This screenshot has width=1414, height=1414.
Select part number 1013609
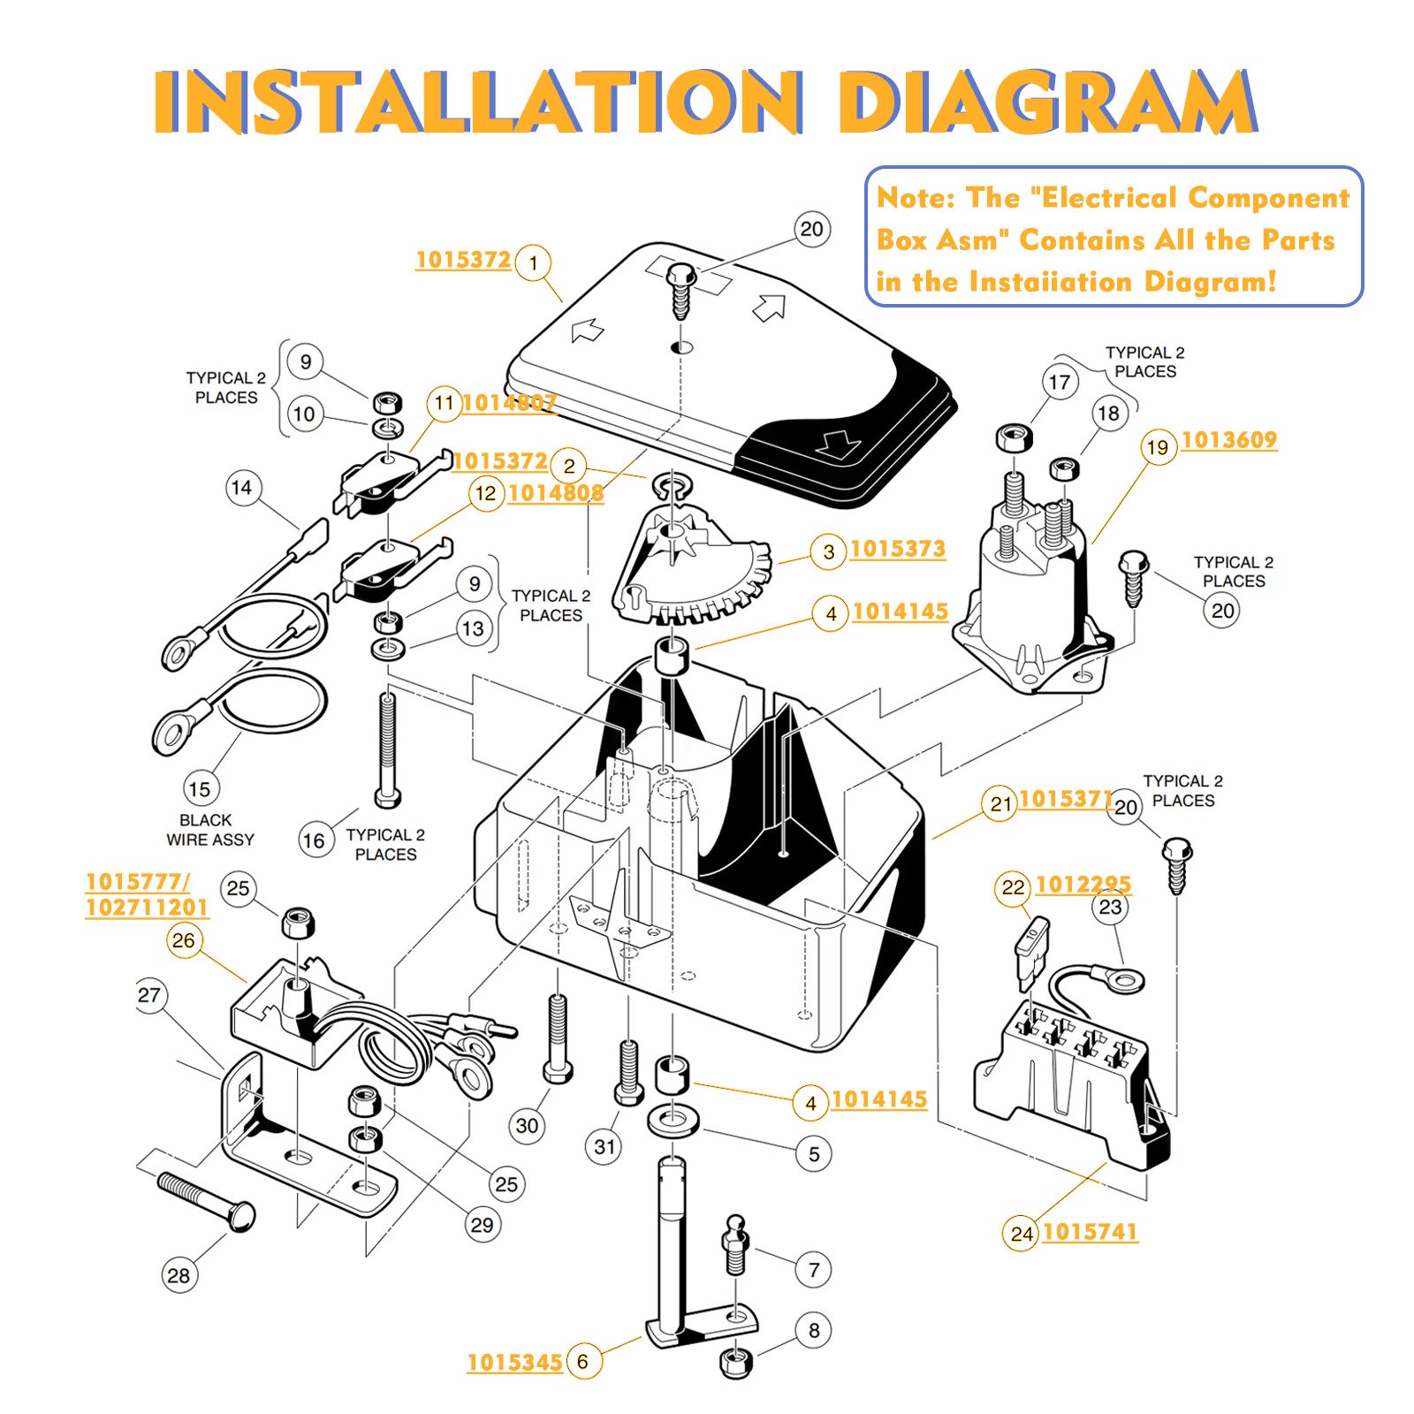[x=1228, y=440]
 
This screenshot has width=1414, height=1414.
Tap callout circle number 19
[x=1158, y=447]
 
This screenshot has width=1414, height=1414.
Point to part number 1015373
[x=897, y=549]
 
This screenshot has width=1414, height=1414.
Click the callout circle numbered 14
[x=241, y=487]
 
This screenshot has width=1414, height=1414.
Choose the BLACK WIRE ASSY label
[x=209, y=830]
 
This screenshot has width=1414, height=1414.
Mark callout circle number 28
[x=179, y=1275]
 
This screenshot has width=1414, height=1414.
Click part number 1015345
[x=514, y=1362]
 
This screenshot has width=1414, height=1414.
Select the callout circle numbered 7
[x=814, y=1270]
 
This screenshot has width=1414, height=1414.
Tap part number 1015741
[x=1090, y=1232]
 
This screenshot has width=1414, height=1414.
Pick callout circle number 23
[x=1110, y=907]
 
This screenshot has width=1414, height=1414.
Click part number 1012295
[x=1083, y=884]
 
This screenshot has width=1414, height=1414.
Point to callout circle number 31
[x=604, y=1146]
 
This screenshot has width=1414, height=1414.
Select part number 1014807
[x=509, y=403]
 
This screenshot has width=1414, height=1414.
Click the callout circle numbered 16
[x=315, y=840]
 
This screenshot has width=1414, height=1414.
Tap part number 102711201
[x=147, y=908]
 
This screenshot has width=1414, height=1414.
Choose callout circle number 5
[x=814, y=1153]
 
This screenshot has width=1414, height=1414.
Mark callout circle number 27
[x=149, y=995]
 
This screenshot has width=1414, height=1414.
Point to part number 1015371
[x=1065, y=799]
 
